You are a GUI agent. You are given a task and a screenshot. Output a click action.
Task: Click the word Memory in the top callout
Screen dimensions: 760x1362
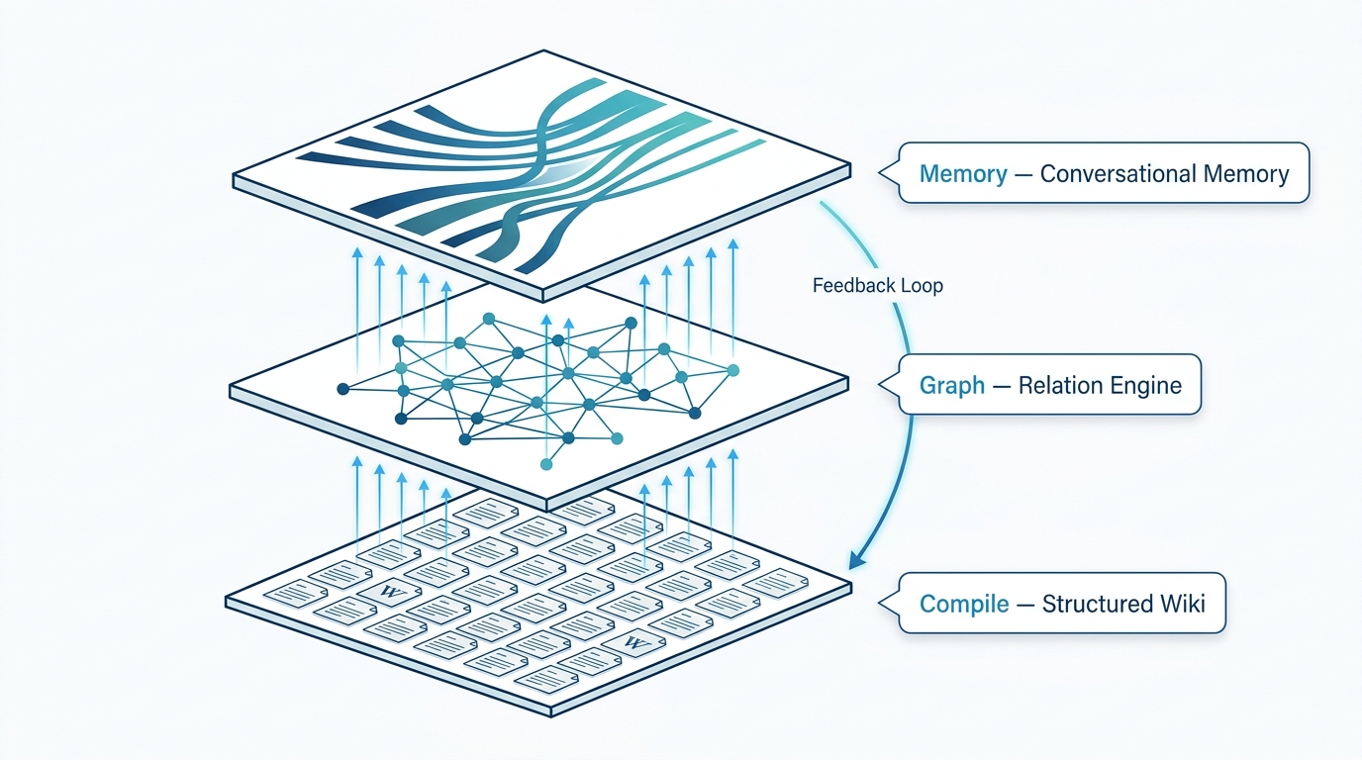pos(962,175)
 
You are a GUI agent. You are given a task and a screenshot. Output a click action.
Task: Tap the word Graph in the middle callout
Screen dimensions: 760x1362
pos(951,385)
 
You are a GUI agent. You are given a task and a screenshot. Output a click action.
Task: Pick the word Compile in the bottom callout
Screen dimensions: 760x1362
pos(964,604)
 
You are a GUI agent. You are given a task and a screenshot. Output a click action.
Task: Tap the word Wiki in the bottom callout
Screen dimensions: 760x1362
pos(1182,604)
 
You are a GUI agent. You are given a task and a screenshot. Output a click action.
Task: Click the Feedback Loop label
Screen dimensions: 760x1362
pos(877,286)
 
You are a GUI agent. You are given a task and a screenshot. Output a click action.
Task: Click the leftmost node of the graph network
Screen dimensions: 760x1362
pos(342,388)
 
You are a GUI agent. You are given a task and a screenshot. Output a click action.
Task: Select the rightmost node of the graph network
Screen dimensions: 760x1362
pos(733,370)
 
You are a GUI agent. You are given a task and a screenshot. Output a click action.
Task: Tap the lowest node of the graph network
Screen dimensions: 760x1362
pos(545,463)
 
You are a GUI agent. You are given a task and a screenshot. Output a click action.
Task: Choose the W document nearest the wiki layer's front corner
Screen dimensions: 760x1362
pos(632,644)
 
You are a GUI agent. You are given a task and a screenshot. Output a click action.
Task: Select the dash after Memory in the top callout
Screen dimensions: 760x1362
pos(1023,175)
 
